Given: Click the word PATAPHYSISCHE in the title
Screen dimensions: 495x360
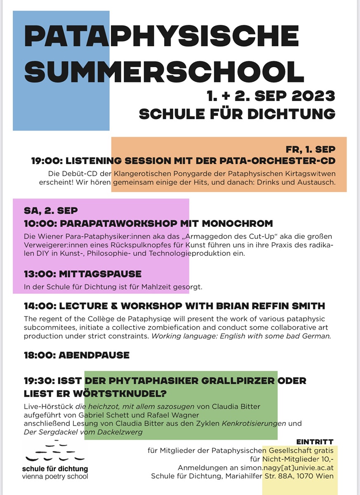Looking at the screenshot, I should (161, 36).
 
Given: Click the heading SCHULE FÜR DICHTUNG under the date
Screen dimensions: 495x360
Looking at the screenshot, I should (237, 114).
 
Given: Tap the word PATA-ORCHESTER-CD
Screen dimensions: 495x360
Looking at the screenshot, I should (289, 161).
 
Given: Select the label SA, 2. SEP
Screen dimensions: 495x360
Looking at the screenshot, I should (51, 210).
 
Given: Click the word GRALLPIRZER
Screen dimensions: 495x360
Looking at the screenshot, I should (238, 381).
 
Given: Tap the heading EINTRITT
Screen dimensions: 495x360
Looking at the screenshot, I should (315, 442).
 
